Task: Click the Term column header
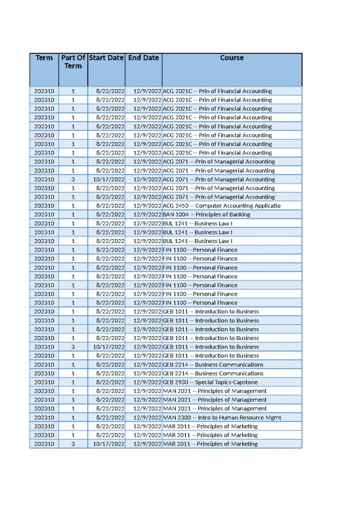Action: (44, 58)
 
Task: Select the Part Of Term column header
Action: (73, 62)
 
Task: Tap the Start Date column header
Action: (106, 58)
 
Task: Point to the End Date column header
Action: (143, 58)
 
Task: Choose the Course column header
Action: (232, 58)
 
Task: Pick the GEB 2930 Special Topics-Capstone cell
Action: (210, 382)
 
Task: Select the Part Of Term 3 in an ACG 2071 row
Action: (73, 179)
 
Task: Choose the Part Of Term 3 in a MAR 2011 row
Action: (73, 443)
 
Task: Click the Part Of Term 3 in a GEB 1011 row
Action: (73, 347)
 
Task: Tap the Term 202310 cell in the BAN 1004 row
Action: (44, 214)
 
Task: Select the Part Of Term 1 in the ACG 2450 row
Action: (73, 206)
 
